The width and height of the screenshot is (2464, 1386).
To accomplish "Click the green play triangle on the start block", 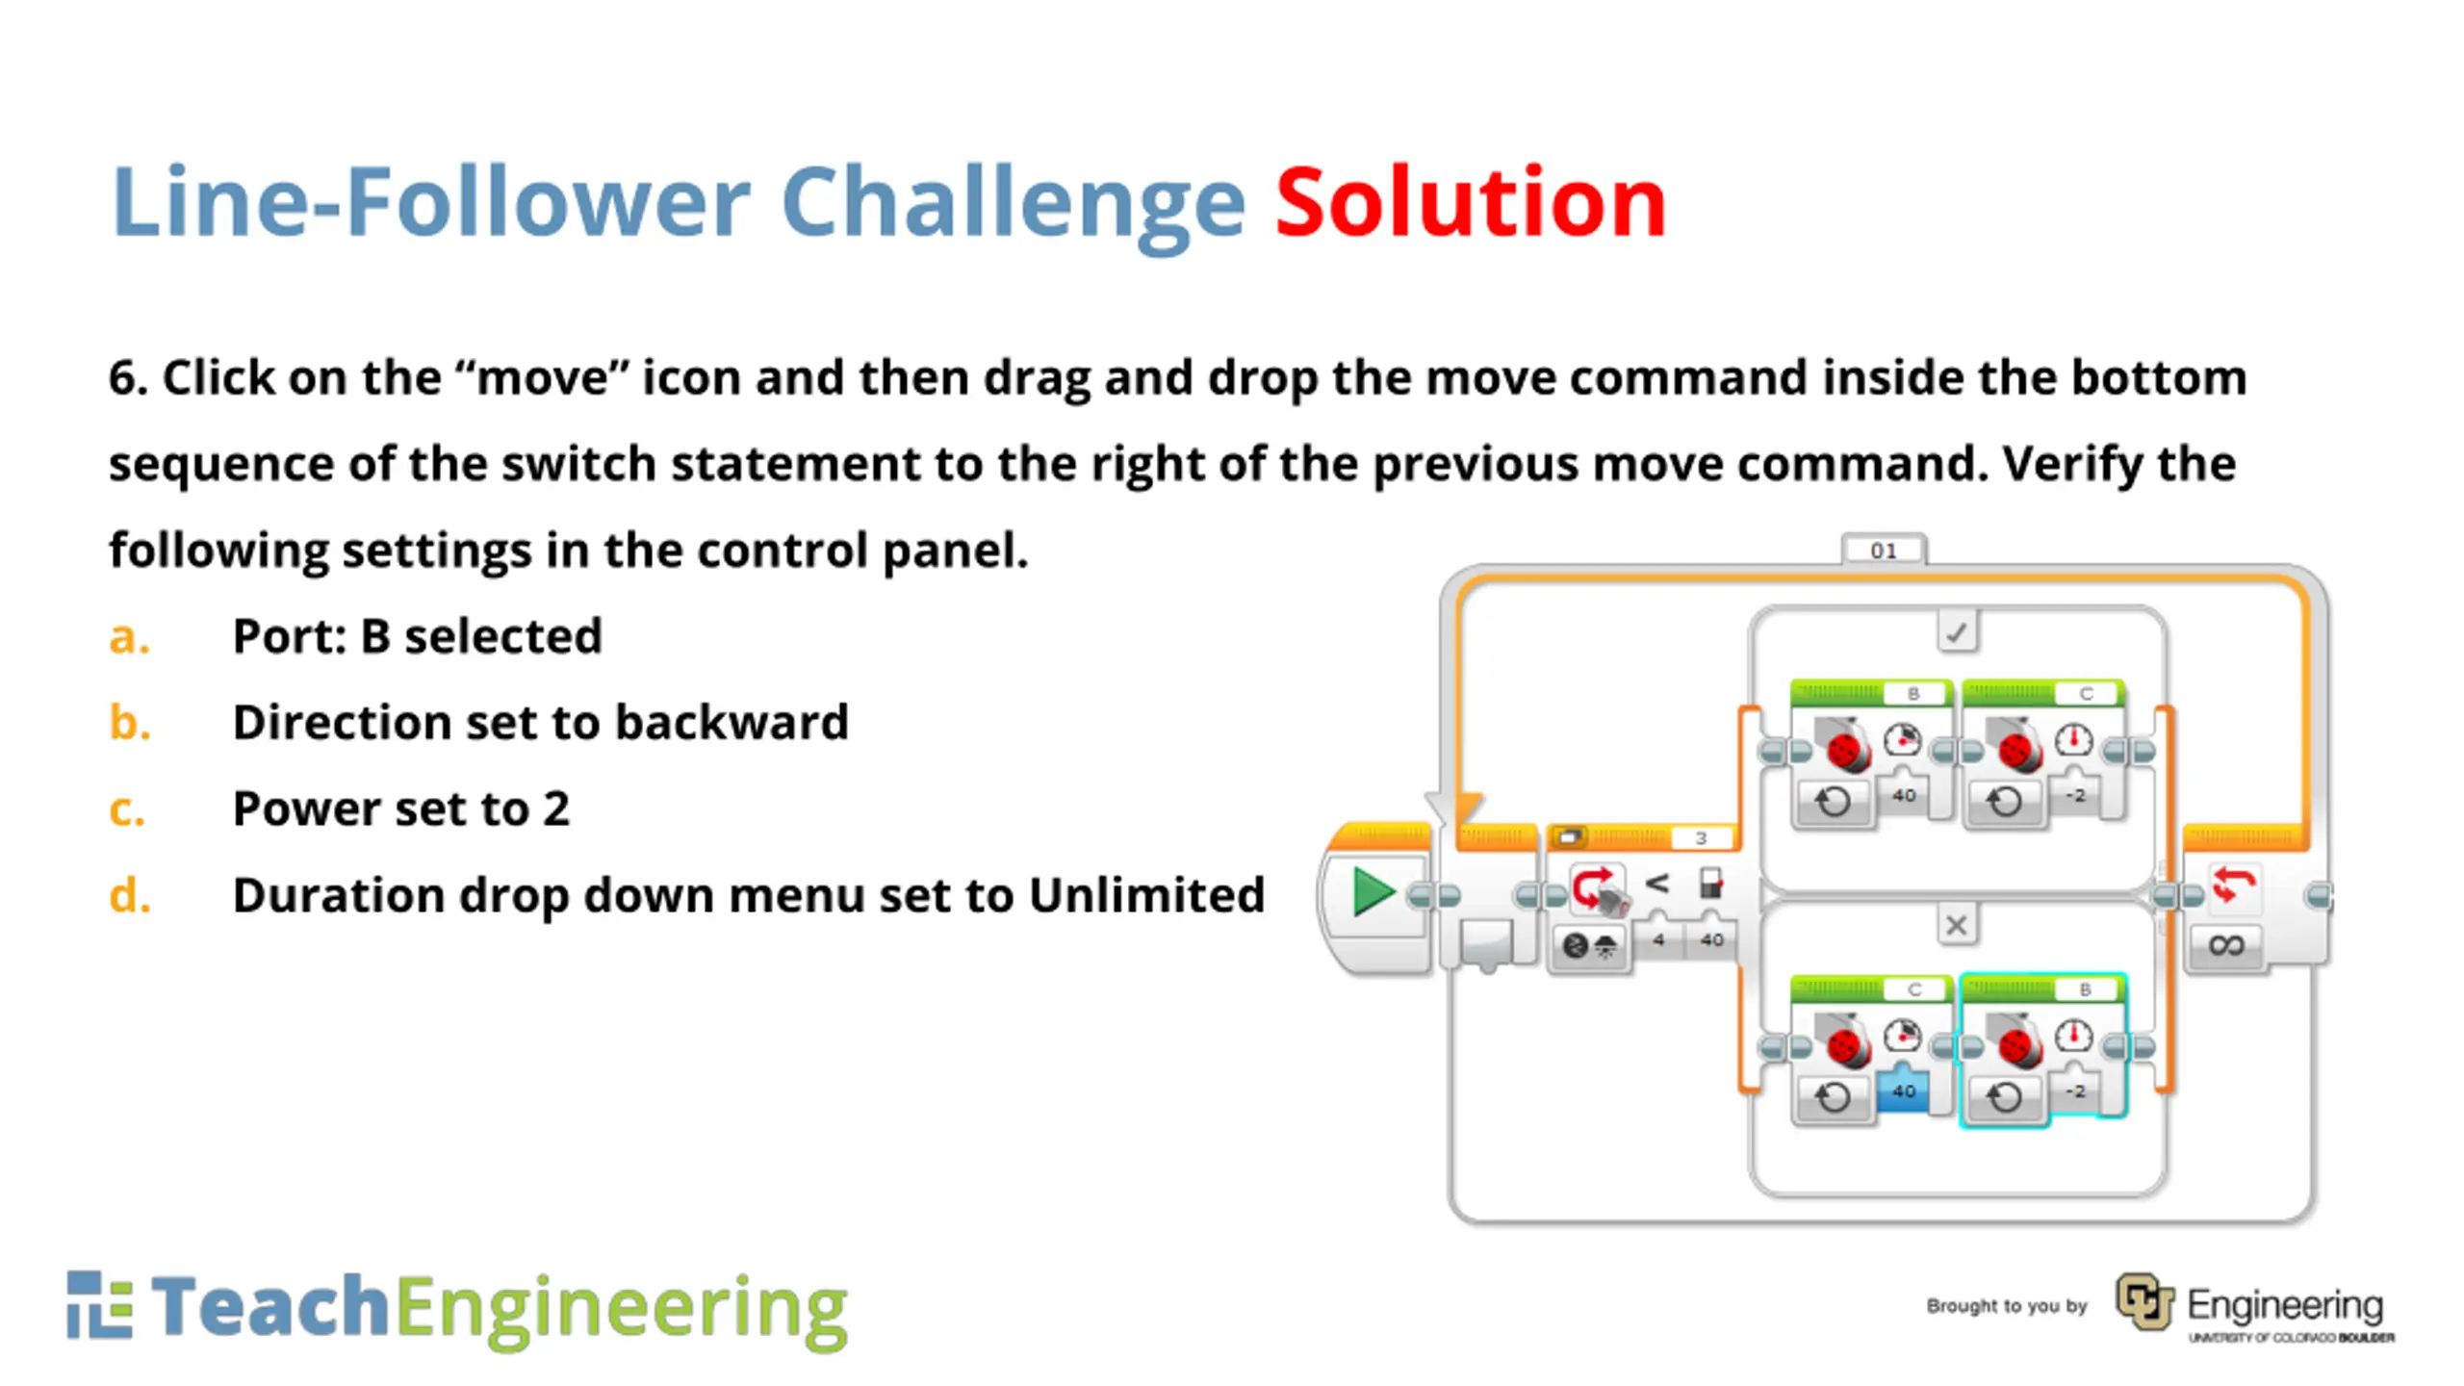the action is pos(1373,891).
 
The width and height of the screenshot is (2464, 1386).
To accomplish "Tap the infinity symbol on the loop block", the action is pos(2226,945).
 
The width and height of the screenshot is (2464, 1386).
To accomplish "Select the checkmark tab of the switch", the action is pos(1957,632).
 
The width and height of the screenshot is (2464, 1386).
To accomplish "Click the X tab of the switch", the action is pos(1957,925).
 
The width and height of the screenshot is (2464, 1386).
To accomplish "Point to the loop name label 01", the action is pos(1884,551).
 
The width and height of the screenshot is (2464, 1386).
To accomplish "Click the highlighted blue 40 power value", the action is pos(1903,1091).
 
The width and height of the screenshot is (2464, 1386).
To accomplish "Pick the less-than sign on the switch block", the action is pos(1656,884).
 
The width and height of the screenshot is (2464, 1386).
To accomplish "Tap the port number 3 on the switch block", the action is pos(1701,837).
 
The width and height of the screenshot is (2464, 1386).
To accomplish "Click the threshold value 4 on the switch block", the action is pos(1658,939).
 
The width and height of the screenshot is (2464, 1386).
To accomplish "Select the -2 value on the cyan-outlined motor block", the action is pos(2075,1091).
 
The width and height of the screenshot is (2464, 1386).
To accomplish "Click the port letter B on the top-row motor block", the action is pos(1912,693).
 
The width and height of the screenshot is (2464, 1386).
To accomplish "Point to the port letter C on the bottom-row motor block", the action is pos(1914,989).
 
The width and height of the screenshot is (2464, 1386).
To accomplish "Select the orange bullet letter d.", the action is pos(129,894).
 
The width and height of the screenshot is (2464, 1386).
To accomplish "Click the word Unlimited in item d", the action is pos(1146,894).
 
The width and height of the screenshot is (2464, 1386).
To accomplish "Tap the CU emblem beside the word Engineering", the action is pos(2144,1301).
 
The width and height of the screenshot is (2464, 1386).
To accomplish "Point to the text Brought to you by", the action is pos(2007,1306).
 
